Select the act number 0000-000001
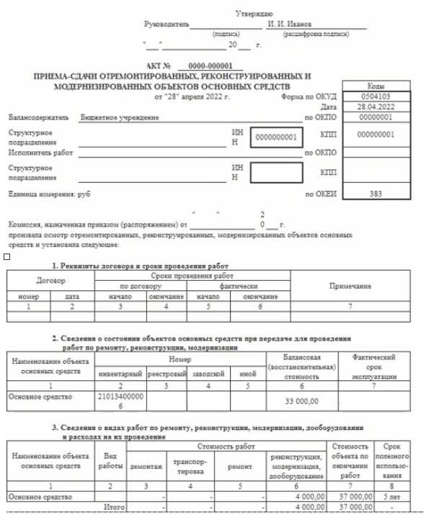click(213, 66)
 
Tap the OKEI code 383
click(376, 194)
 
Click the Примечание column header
click(350, 286)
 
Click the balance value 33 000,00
click(297, 400)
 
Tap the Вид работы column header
click(110, 461)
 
